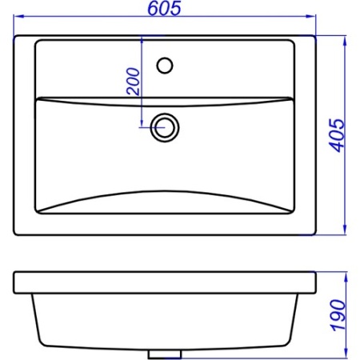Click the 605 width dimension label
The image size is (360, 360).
click(164, 8)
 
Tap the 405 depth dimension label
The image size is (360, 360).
click(337, 135)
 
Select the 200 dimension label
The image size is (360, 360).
click(133, 82)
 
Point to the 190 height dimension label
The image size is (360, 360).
click(338, 315)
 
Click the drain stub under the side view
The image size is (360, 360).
click(165, 354)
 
